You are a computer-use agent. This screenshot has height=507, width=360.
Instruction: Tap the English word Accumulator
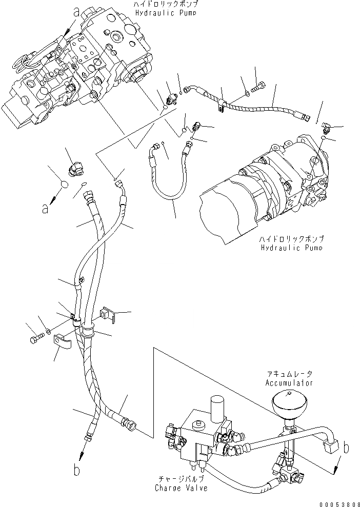(x=289, y=383)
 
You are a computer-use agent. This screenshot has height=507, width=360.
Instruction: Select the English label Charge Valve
(x=182, y=488)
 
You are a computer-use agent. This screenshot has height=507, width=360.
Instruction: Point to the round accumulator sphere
(x=290, y=404)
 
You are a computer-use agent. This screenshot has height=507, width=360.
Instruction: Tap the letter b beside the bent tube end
(x=347, y=449)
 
